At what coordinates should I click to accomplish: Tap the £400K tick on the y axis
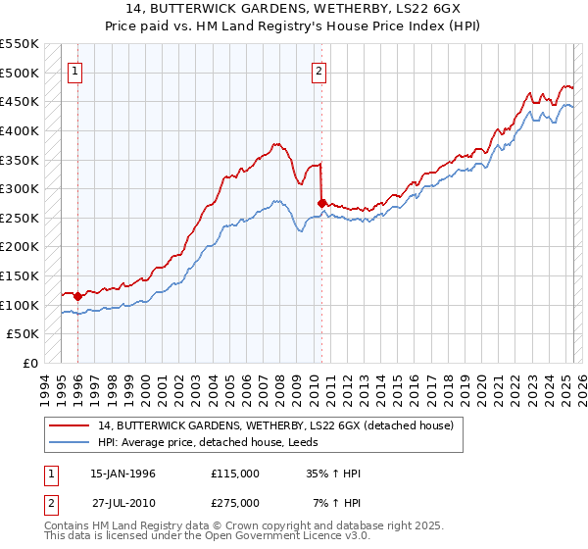20,130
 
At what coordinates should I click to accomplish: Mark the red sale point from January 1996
77,295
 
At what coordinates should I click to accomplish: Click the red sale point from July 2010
322,202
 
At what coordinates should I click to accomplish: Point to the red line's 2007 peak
276,143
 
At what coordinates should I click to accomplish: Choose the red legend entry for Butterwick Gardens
275,425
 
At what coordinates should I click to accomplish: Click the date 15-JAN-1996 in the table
122,474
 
